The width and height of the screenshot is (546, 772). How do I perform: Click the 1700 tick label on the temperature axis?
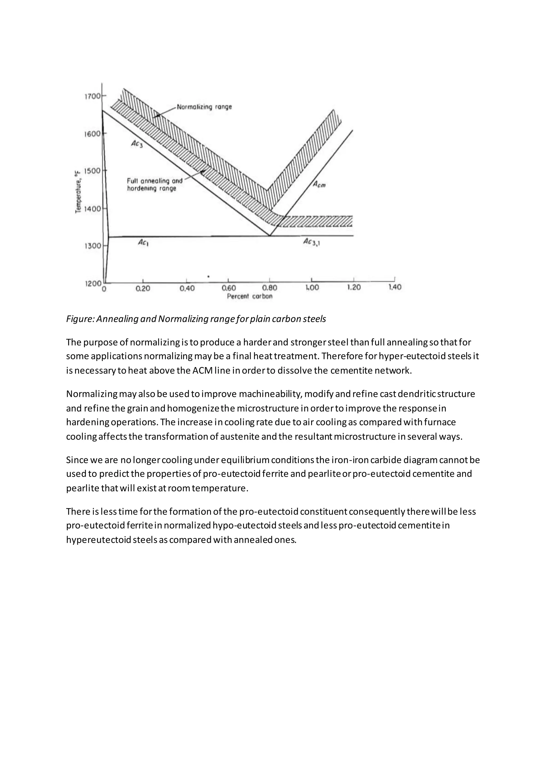pyautogui.click(x=92, y=96)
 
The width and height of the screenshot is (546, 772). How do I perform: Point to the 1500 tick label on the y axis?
pyautogui.click(x=92, y=171)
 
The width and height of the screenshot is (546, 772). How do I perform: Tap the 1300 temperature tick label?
pyautogui.click(x=92, y=246)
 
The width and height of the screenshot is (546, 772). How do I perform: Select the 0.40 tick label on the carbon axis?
pyautogui.click(x=187, y=288)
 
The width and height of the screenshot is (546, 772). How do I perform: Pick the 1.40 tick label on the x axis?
pyautogui.click(x=395, y=287)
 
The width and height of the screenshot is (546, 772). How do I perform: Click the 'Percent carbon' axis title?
pyautogui.click(x=250, y=296)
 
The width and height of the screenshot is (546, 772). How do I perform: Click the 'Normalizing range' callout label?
pyautogui.click(x=204, y=107)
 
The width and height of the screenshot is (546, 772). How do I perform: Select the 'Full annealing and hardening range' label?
pyautogui.click(x=154, y=184)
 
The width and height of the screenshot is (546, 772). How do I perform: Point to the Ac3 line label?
pyautogui.click(x=137, y=144)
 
